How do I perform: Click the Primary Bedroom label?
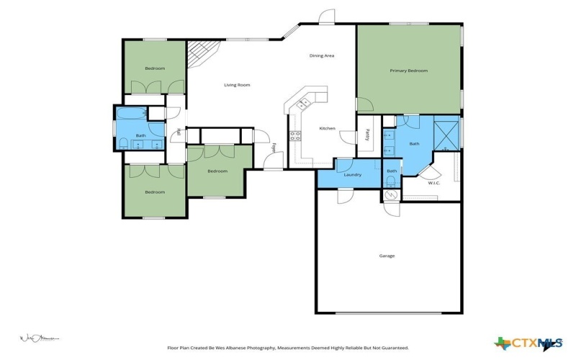(408, 71)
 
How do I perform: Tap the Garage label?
(387, 256)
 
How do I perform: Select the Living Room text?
(237, 85)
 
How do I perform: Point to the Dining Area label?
(322, 55)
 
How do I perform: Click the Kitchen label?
(328, 128)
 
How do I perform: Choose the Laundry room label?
(352, 175)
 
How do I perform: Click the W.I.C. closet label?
(433, 182)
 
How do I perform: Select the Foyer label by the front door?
(274, 148)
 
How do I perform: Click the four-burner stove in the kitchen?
(295, 136)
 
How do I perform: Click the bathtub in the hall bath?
(132, 114)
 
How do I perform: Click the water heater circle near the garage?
(391, 194)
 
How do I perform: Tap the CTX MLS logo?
(529, 343)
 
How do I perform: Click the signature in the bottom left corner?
(37, 337)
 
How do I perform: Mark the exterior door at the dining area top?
(327, 16)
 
